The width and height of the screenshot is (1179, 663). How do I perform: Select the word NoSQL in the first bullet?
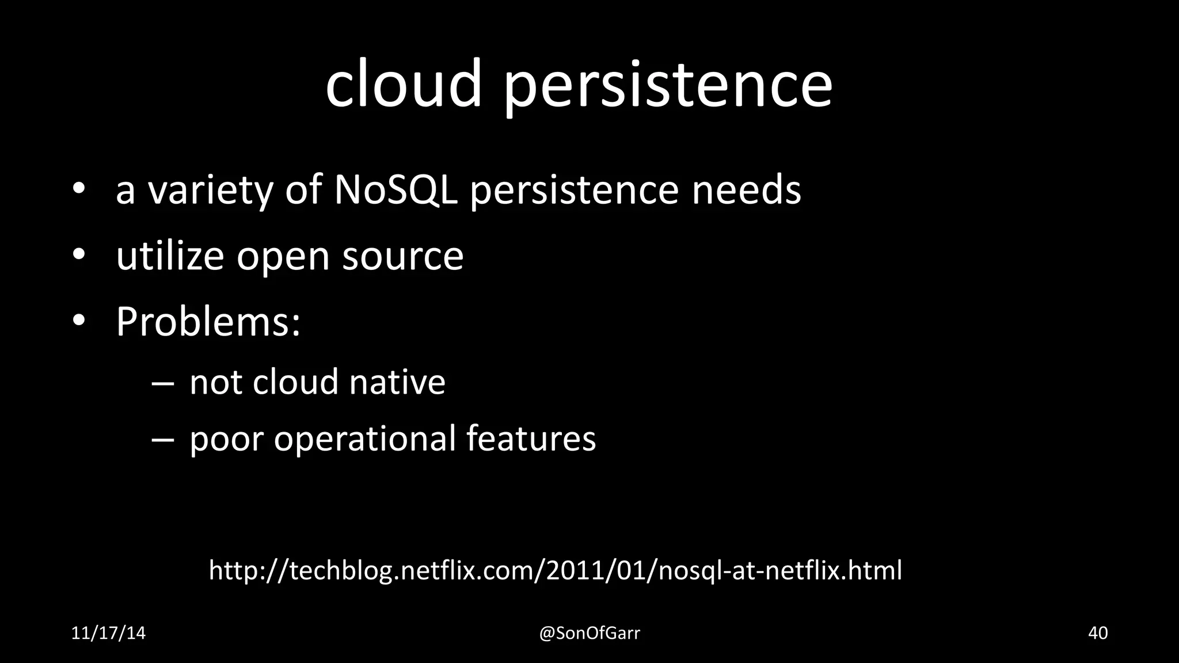coord(395,189)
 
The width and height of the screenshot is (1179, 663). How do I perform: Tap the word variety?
coord(211,190)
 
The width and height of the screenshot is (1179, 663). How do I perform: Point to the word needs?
coord(746,189)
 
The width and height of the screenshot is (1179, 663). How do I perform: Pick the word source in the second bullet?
coord(403,257)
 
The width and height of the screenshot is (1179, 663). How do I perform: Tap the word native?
coord(397,382)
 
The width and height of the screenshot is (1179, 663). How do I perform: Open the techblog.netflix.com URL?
coord(555,570)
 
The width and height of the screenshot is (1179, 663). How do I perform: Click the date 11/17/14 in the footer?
coord(108,633)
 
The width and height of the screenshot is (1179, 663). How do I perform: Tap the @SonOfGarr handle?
coord(589,633)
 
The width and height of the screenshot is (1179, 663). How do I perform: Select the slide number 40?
coord(1098,633)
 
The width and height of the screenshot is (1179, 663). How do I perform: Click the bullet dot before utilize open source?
coord(79,254)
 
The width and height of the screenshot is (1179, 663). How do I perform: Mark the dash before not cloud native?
coord(162,383)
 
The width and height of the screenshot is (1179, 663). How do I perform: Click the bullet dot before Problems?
coord(79,320)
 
